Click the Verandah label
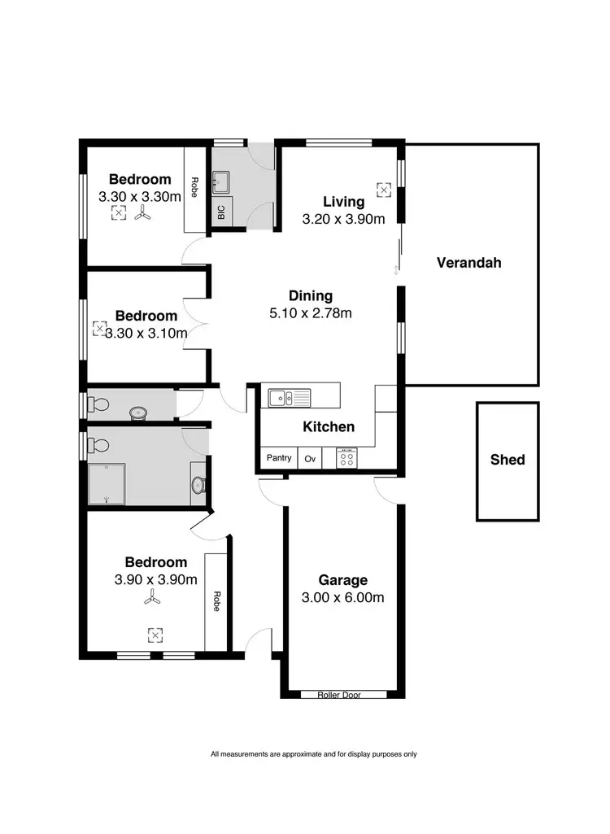click(468, 263)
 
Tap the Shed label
click(508, 460)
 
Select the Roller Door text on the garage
click(342, 695)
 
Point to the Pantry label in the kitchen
click(279, 458)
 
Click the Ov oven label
click(310, 459)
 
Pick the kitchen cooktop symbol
click(346, 459)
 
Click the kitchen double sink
click(290, 398)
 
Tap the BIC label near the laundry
click(221, 212)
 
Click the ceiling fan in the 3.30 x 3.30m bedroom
click(143, 214)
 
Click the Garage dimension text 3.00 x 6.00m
click(342, 598)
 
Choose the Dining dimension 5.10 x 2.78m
click(311, 313)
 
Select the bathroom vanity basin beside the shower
click(198, 485)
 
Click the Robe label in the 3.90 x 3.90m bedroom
click(216, 601)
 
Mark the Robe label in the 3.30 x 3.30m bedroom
click(195, 189)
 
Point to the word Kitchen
click(329, 426)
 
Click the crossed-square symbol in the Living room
click(384, 189)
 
